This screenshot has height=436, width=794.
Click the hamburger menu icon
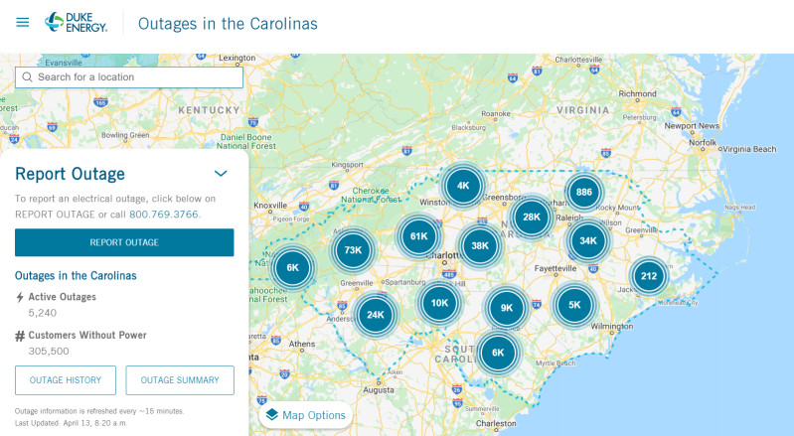point(23,22)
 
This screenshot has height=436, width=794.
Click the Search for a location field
point(129,76)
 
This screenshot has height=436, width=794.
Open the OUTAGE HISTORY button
point(65,380)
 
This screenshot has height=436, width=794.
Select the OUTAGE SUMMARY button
point(180,380)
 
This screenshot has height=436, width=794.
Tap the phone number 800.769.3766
point(164,214)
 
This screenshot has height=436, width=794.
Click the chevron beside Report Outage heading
point(221,174)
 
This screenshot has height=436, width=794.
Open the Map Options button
point(305,415)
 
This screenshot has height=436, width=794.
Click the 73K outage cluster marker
point(353,250)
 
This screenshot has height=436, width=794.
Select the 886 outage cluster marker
point(584,192)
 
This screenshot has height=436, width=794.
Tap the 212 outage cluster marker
point(649,276)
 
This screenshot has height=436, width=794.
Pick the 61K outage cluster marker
point(418,236)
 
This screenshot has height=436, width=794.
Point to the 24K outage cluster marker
point(375,315)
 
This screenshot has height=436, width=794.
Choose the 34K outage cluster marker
point(587,240)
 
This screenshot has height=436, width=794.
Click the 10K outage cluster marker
point(439,303)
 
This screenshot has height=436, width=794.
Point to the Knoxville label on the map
point(269,206)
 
